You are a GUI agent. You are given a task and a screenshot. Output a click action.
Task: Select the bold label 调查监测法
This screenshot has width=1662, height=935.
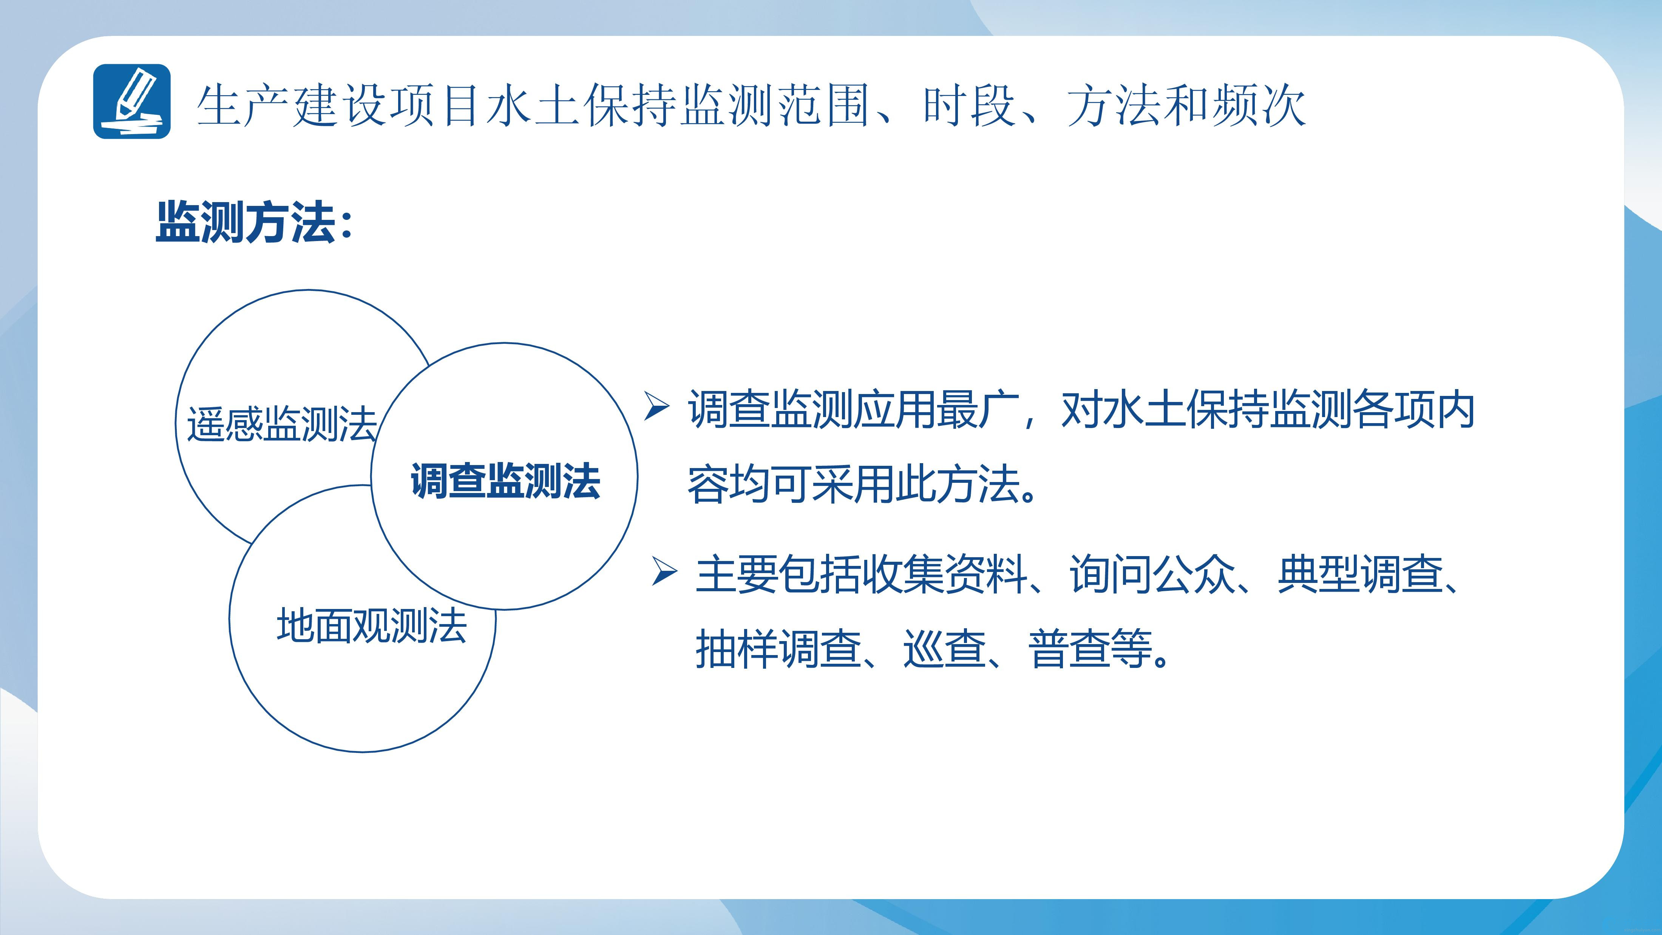[505, 481]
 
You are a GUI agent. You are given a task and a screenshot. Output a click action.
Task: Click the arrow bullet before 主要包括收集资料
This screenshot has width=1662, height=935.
[664, 571]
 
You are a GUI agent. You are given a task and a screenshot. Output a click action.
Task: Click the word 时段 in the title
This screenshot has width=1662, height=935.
[970, 105]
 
